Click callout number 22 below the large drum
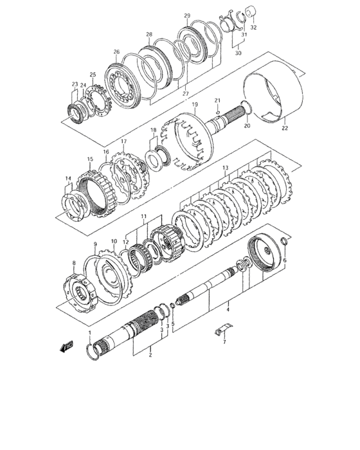click(284, 129)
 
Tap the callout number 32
click(253, 29)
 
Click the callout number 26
click(116, 53)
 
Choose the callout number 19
click(194, 104)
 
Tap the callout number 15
click(90, 159)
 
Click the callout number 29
click(187, 15)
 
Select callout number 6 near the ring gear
click(285, 260)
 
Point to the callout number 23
click(75, 84)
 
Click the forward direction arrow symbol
click(66, 347)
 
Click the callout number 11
click(145, 217)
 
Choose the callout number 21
click(218, 100)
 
